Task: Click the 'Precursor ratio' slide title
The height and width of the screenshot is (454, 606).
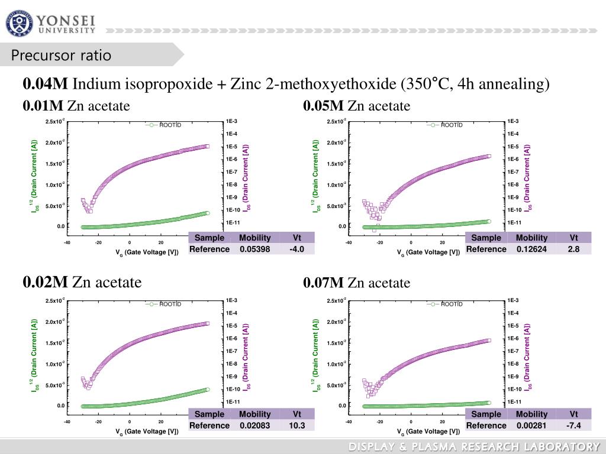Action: click(62, 56)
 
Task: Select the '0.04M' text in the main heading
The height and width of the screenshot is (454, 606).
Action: click(46, 85)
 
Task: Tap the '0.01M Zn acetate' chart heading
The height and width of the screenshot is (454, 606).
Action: click(76, 106)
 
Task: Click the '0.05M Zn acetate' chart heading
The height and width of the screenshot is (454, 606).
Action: click(356, 106)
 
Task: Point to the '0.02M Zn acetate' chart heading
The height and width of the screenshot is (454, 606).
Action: click(82, 282)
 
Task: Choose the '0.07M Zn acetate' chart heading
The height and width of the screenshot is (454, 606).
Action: click(356, 283)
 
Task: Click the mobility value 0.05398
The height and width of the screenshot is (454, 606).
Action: click(254, 249)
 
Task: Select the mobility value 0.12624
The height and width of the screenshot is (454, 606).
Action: click(531, 249)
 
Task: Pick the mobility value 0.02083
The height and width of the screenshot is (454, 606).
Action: click(254, 426)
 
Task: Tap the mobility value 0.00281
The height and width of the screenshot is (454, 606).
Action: click(531, 426)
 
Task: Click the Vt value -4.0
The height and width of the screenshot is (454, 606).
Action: click(296, 249)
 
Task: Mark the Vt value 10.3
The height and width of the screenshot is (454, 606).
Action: click(296, 426)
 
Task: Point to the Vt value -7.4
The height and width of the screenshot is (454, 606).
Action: click(573, 426)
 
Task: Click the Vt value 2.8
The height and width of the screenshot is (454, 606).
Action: click(573, 249)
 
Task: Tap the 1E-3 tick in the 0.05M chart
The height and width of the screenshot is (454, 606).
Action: click(512, 121)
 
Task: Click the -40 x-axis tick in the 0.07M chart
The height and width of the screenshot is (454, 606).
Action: click(349, 421)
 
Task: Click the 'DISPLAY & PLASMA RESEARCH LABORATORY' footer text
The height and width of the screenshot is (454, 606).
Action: click(474, 446)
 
